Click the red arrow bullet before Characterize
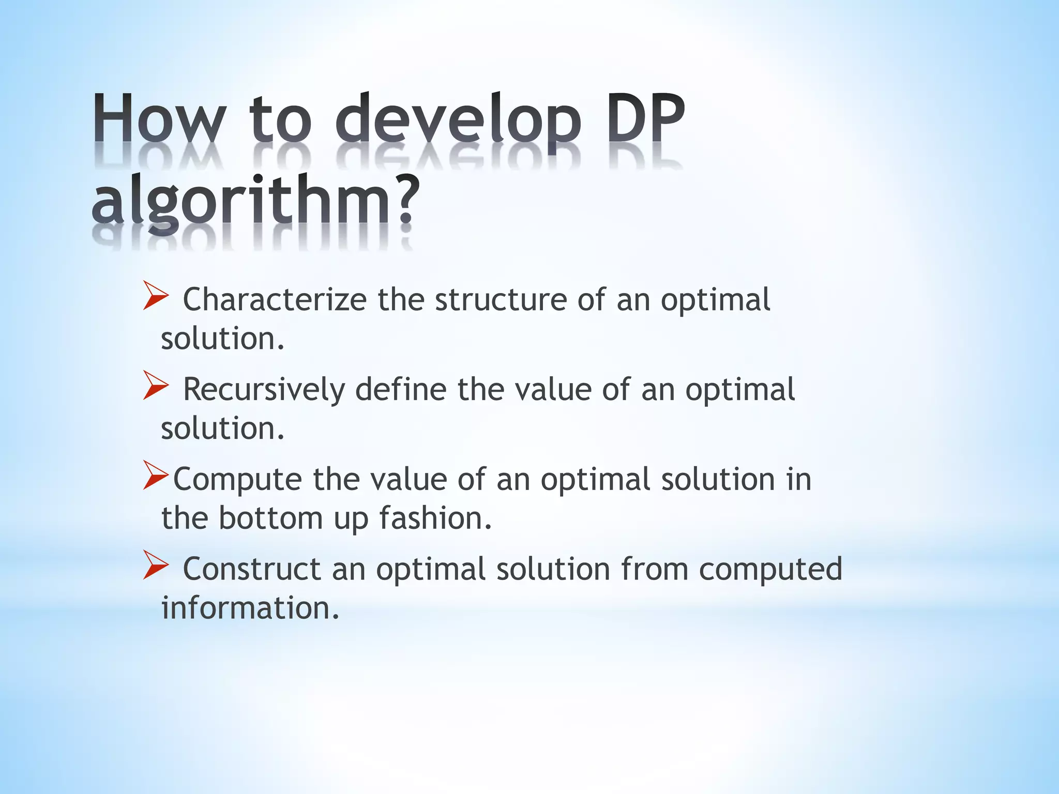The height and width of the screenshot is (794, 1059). (x=156, y=296)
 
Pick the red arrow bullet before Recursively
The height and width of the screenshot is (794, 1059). (x=156, y=386)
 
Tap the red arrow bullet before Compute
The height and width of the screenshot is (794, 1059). (x=156, y=476)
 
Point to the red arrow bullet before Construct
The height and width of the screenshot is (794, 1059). (x=156, y=566)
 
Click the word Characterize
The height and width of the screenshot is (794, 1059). (x=275, y=300)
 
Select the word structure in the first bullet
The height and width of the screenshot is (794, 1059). (x=501, y=300)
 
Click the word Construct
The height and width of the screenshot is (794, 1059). (x=252, y=569)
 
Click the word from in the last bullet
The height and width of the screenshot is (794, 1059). (x=654, y=569)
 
